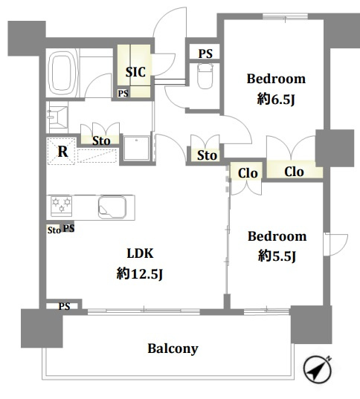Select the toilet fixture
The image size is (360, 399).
pyautogui.click(x=205, y=76)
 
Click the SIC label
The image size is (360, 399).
pyautogui.click(x=135, y=72)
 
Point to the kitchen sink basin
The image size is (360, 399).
pyautogui.click(x=112, y=207)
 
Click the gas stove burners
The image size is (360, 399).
pyautogui.click(x=62, y=206)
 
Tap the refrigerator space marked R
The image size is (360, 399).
pyautogui.click(x=61, y=152)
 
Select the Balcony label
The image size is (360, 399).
pyautogui.click(x=173, y=348)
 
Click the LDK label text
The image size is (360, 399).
pyautogui.click(x=140, y=253)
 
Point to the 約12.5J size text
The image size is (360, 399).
pyautogui.click(x=140, y=274)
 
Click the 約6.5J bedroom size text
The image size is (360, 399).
pyautogui.click(x=276, y=100)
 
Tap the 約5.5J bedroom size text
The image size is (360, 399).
pyautogui.click(x=277, y=256)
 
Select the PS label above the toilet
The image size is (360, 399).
pyautogui.click(x=205, y=53)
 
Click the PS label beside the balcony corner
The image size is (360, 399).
pyautogui.click(x=64, y=306)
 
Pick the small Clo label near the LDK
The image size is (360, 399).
pyautogui.click(x=248, y=174)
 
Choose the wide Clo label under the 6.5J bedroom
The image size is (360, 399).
pyautogui.click(x=294, y=172)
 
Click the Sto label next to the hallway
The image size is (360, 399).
pyautogui.click(x=207, y=155)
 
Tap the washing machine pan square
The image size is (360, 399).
pyautogui.click(x=136, y=149)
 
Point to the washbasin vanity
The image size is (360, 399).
pyautogui.click(x=57, y=117)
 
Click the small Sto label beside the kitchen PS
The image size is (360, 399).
pyautogui.click(x=54, y=230)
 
